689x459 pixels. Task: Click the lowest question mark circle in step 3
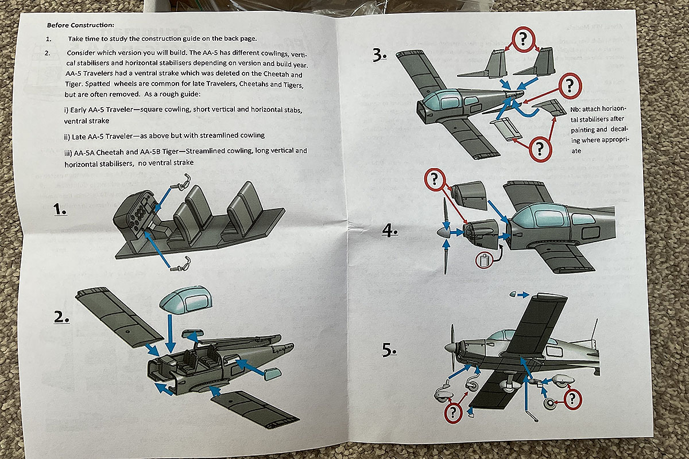point(539,149)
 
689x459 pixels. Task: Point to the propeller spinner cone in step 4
point(440,233)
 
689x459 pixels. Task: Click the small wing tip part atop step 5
point(514,294)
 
